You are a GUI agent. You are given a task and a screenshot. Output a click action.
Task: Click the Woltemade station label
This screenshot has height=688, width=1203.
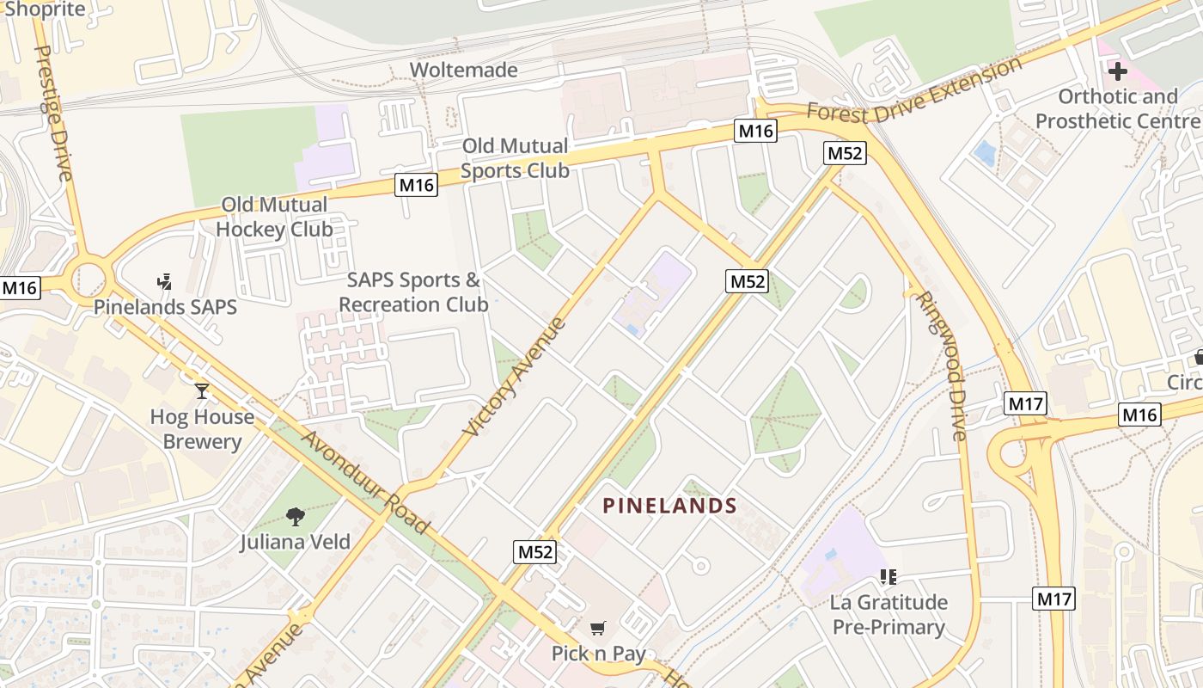click(x=463, y=70)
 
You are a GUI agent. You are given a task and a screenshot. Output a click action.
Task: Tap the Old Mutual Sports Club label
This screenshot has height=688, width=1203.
click(x=515, y=158)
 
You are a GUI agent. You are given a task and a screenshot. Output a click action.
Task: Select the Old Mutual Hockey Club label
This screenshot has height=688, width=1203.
click(x=274, y=217)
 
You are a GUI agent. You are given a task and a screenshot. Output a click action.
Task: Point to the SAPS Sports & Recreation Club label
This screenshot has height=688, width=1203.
click(x=413, y=292)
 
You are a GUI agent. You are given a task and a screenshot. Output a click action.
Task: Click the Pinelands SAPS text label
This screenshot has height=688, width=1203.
click(x=165, y=307)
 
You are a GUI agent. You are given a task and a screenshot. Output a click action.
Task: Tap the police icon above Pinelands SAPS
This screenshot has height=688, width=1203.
click(x=165, y=281)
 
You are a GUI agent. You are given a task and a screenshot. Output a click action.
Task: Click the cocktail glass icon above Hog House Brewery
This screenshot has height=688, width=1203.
click(x=202, y=391)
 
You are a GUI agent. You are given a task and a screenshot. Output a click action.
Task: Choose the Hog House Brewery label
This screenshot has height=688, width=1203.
click(x=202, y=429)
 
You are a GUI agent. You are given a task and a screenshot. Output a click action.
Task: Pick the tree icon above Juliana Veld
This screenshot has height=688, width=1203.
click(x=296, y=516)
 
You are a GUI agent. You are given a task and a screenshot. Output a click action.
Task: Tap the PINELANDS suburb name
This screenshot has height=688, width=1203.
click(x=670, y=506)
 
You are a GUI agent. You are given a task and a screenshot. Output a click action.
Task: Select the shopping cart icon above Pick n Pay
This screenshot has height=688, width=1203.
click(x=598, y=628)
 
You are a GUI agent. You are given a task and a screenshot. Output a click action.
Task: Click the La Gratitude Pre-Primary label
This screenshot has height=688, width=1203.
click(x=889, y=614)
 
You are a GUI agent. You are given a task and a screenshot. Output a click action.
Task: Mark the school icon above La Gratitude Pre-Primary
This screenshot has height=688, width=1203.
click(x=889, y=576)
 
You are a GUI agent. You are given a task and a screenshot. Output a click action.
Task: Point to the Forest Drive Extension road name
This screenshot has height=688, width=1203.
click(x=915, y=89)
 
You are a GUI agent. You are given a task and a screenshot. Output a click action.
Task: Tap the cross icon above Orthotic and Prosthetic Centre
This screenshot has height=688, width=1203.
click(x=1117, y=71)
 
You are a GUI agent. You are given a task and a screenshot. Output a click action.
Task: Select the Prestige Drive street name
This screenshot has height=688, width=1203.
click(x=53, y=112)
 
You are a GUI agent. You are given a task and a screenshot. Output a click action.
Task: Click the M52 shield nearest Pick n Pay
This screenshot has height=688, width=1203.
click(x=535, y=552)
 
